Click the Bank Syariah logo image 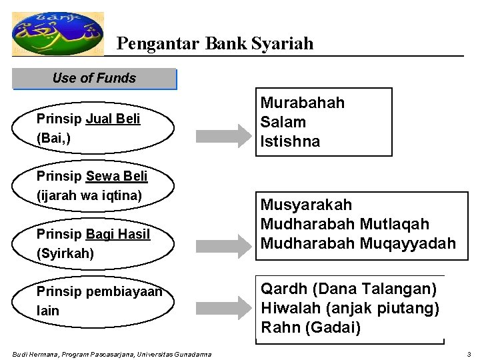(x=58, y=33)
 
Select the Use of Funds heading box (x=94, y=79)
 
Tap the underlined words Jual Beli (x=113, y=119)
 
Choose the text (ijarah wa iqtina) (x=89, y=196)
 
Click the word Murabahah (x=302, y=103)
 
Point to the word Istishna (x=290, y=141)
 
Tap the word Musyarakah (x=306, y=205)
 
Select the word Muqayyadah (x=409, y=243)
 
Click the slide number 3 (x=469, y=354)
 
